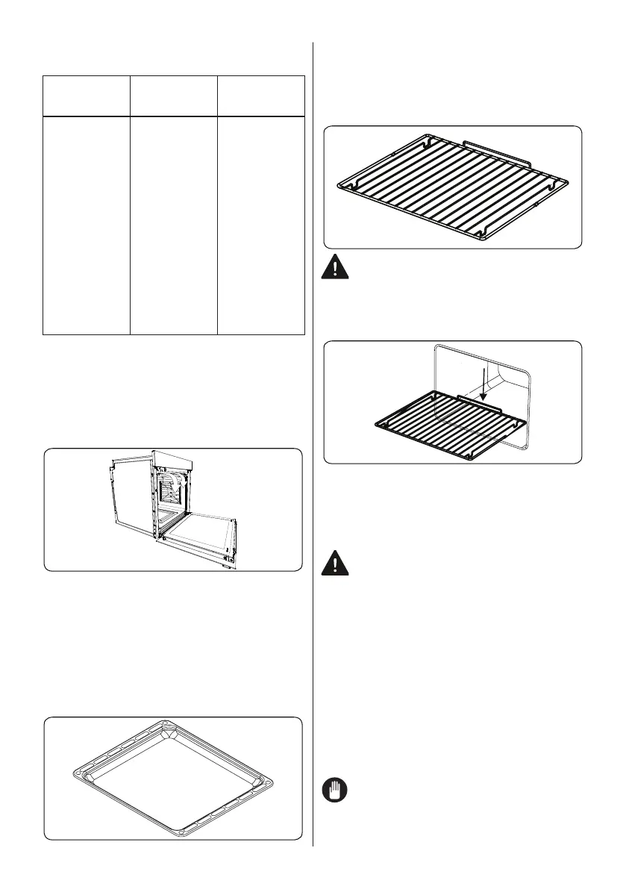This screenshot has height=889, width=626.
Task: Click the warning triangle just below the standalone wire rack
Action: (337, 267)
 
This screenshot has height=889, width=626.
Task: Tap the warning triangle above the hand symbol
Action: (337, 564)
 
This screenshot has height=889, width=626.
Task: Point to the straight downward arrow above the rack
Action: (484, 384)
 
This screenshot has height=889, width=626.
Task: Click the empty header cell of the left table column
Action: (87, 96)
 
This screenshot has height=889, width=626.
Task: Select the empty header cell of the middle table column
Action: (174, 96)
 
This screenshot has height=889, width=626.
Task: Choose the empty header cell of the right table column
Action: (261, 96)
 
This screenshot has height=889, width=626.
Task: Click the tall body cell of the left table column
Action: (87, 225)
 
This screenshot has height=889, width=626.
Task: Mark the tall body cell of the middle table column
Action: (174, 225)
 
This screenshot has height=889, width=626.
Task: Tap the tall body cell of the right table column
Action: (261, 225)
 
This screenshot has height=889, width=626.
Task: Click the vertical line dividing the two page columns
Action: (313, 448)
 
